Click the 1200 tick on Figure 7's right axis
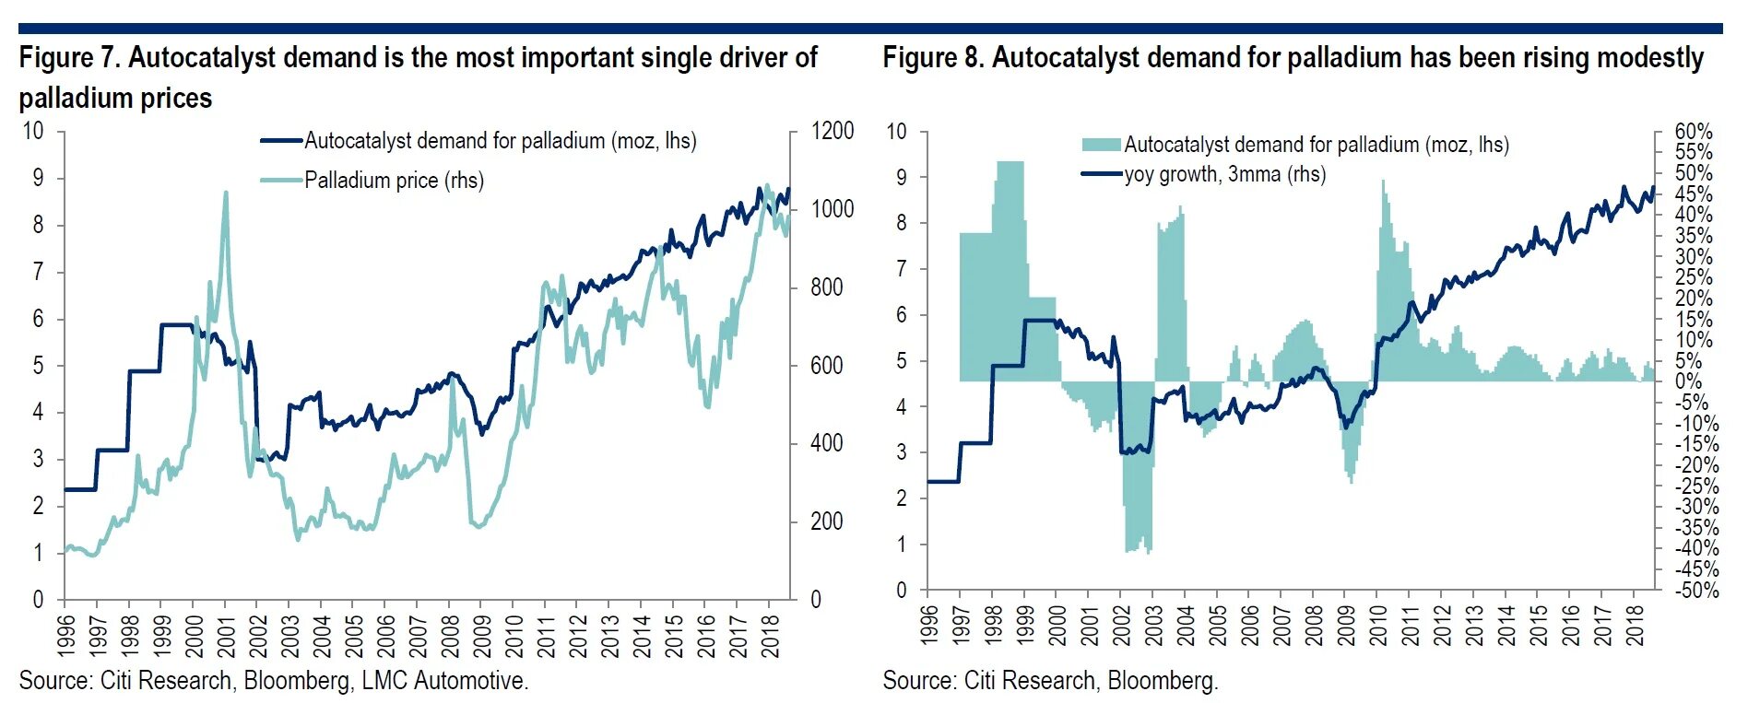pos(832,131)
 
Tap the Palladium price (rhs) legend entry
pos(394,181)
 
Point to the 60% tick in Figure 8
pos(1694,132)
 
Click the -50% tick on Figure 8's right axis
pos(1696,591)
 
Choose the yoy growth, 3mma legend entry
pos(1224,174)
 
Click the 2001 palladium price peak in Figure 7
pos(226,193)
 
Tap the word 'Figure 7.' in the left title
pos(69,58)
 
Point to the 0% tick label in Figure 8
pos(1688,381)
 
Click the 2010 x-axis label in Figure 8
pos(1379,625)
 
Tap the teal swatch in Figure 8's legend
pos(1101,145)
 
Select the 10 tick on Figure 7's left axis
pos(33,131)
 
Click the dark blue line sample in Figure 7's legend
pos(281,141)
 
